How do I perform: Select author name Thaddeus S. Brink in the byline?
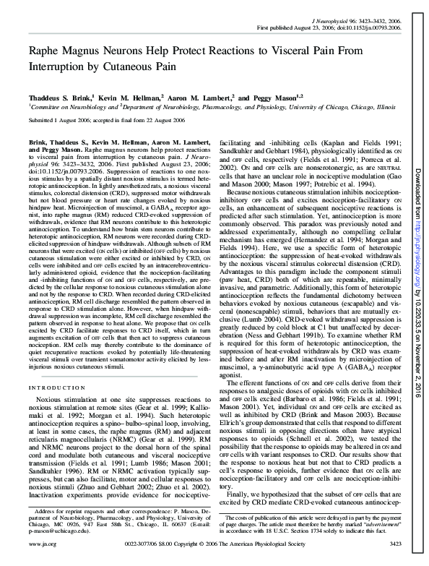[x=58, y=96]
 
